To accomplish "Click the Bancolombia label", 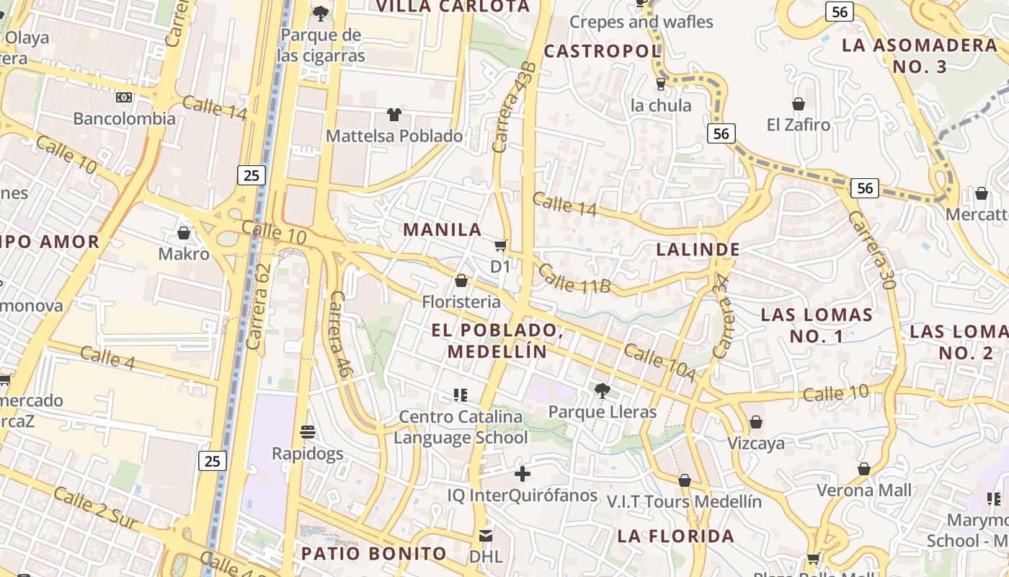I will point(124,118).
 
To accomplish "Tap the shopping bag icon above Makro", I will point(184,233).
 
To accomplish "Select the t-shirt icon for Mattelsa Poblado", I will point(394,114).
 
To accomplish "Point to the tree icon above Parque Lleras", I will point(602,391).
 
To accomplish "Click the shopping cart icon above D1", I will point(500,245).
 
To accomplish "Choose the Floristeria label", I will point(461,301).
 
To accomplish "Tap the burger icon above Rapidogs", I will point(308,432).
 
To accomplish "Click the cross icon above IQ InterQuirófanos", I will point(523,474).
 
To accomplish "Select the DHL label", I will point(486,557).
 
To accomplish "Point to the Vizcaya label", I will point(756,443).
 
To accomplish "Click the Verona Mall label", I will point(864,490).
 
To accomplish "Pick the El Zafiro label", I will point(799,125).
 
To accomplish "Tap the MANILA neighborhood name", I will point(443,230).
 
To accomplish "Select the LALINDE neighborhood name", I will point(698,250).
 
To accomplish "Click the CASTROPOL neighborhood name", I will point(602,51).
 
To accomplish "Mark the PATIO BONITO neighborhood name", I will point(374,554).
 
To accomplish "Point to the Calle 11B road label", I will point(574,279).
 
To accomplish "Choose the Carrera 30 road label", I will point(871,250).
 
